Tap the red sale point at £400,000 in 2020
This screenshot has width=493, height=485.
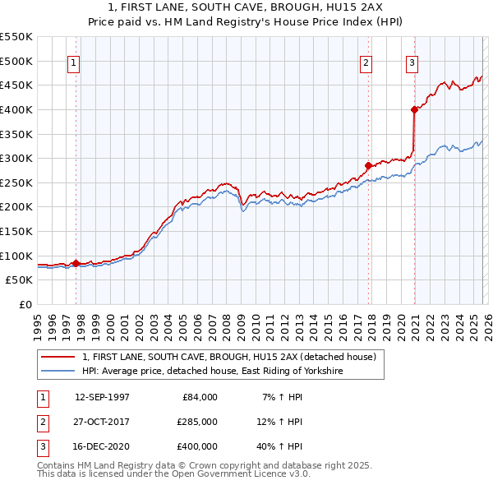(414, 109)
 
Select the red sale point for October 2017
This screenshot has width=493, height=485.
(368, 165)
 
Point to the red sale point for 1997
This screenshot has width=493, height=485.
(76, 263)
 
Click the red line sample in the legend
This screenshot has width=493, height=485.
(57, 357)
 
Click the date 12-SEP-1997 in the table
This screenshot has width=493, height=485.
(102, 397)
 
